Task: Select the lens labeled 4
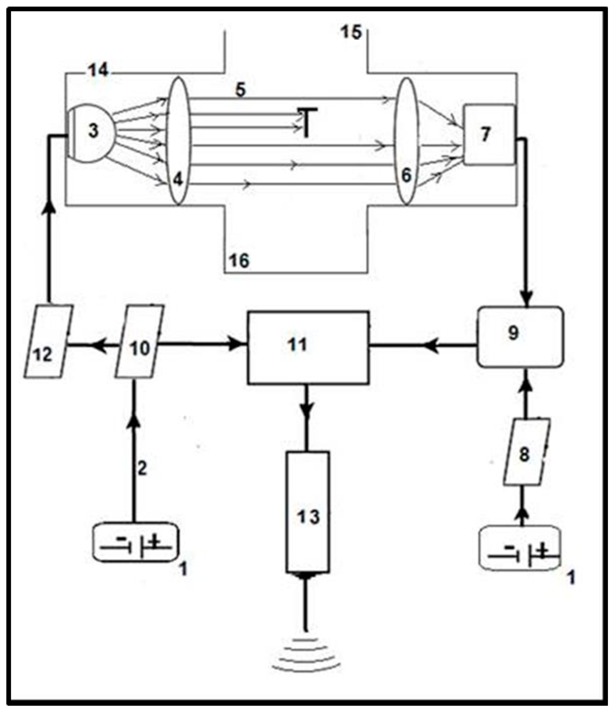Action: pos(178,141)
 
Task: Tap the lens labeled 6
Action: pos(407,141)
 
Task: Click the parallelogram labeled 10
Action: pos(139,342)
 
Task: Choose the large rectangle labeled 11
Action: pos(308,347)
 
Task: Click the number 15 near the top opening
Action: pos(351,33)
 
